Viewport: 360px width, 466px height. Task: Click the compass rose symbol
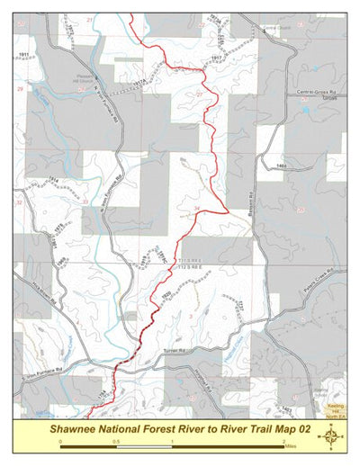coord(331,437)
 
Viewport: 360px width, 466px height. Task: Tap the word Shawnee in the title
coord(76,430)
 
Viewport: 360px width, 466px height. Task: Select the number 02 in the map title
coord(302,430)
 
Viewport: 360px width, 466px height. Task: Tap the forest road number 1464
coord(281,166)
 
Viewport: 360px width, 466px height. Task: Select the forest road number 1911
coord(23,56)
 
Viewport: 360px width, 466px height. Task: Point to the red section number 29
coord(20,90)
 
